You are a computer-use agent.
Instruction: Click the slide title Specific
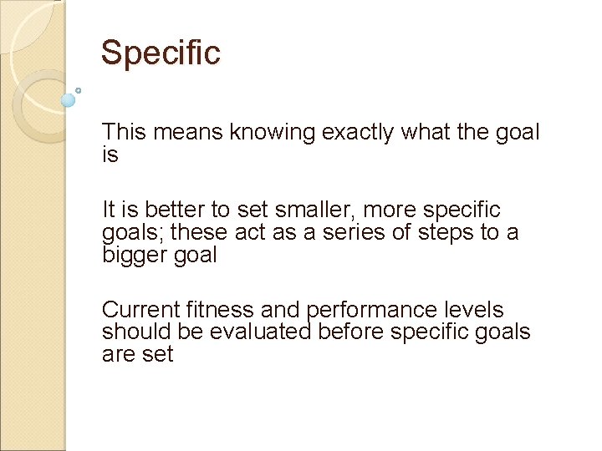[x=161, y=53]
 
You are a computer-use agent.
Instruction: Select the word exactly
[x=352, y=132]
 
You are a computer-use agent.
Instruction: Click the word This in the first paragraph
[x=123, y=132]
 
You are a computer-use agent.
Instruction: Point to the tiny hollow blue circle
[x=79, y=90]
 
